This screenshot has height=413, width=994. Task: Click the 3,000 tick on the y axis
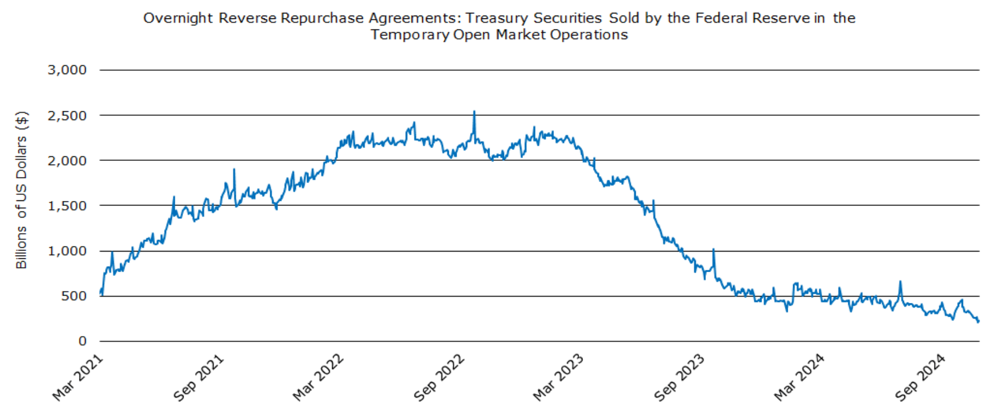click(x=67, y=70)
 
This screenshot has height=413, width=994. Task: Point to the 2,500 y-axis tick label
click(x=67, y=116)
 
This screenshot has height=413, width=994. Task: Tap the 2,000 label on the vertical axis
click(x=67, y=161)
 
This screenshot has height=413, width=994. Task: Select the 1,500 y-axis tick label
click(x=67, y=206)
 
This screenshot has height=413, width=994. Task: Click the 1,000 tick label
click(x=67, y=251)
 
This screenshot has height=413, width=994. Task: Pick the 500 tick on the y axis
click(x=73, y=296)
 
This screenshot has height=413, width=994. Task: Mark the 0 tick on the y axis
click(x=82, y=341)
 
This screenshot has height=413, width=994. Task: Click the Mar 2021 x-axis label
click(x=78, y=377)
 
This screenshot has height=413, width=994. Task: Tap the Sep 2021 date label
click(x=199, y=377)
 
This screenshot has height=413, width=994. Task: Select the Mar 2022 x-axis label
click(x=319, y=377)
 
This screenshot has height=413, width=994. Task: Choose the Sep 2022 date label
click(x=439, y=377)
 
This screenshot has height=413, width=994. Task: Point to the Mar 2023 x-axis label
click(x=559, y=377)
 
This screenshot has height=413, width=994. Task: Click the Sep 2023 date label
click(x=680, y=377)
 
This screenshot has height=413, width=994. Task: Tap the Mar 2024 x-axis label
click(x=800, y=377)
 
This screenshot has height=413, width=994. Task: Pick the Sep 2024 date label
click(x=921, y=377)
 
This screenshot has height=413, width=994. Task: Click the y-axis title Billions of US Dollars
click(x=21, y=190)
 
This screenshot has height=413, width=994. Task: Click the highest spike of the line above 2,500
click(x=474, y=112)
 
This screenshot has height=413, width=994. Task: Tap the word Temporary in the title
click(x=410, y=35)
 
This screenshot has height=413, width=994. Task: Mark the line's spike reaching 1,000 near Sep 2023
click(x=714, y=250)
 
